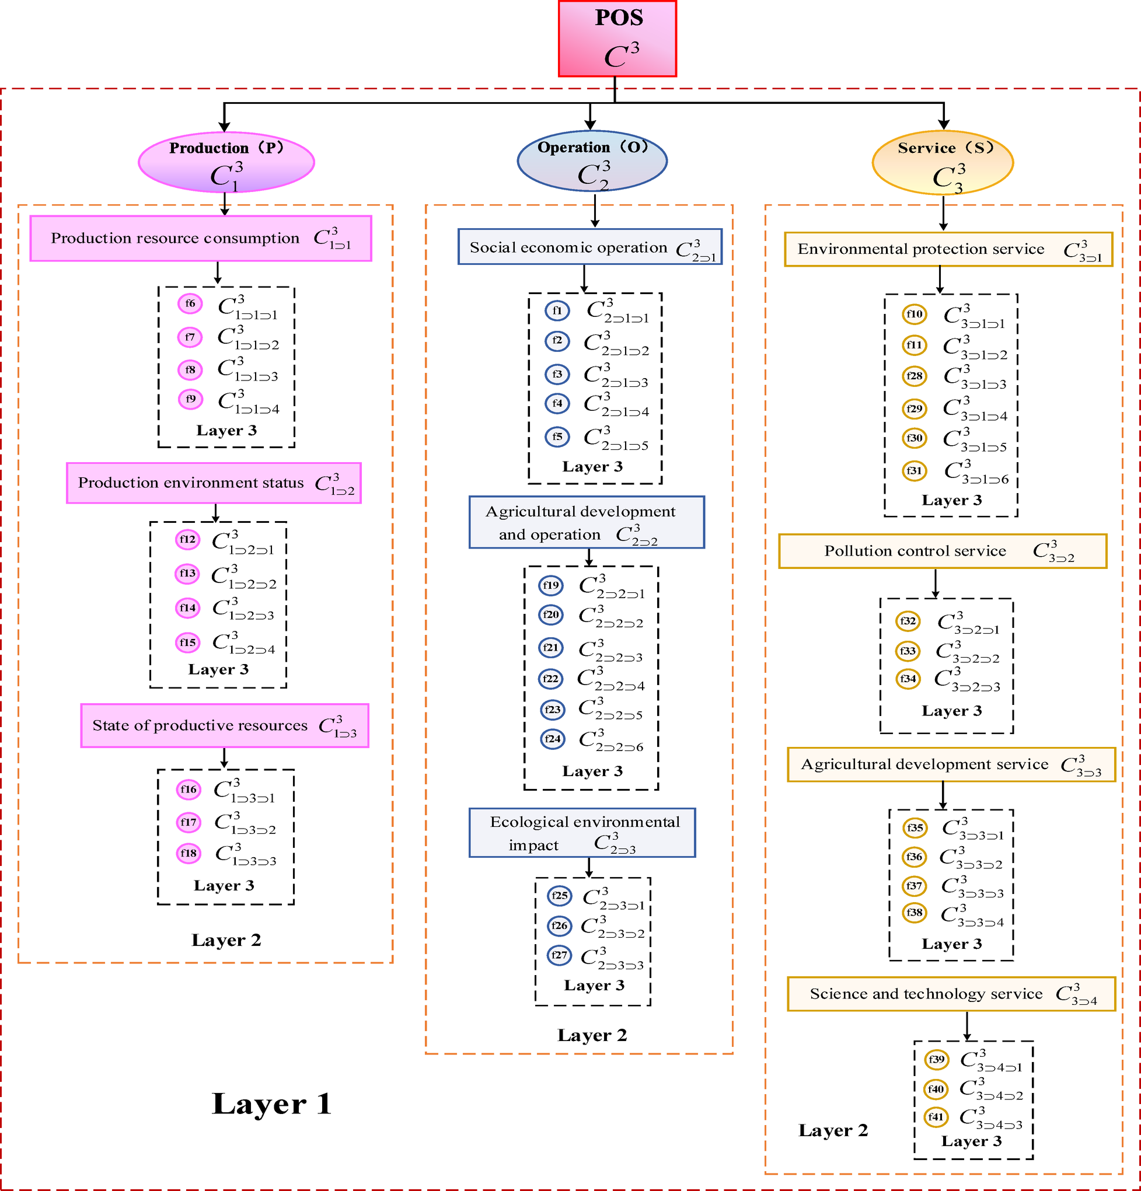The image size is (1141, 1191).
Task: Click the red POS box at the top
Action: [x=617, y=39]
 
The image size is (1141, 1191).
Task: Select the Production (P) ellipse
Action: [x=226, y=162]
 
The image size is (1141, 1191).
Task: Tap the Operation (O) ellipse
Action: [x=592, y=161]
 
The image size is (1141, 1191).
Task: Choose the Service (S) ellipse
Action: [x=943, y=163]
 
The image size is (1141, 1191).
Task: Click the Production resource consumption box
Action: [x=201, y=238]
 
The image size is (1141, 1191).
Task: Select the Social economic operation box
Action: [x=589, y=247]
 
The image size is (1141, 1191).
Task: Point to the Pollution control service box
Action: [x=942, y=551]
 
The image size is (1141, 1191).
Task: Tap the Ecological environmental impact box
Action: [x=582, y=833]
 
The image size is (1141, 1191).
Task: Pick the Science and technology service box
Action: [x=951, y=994]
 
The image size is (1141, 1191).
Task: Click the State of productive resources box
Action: [x=224, y=725]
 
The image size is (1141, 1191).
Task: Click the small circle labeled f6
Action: [x=190, y=303]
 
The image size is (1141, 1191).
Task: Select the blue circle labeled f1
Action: [x=557, y=310]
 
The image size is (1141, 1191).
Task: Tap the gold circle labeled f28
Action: [x=914, y=376]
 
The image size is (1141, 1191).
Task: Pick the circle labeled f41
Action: [x=936, y=1117]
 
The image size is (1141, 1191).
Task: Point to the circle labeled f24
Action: [x=553, y=739]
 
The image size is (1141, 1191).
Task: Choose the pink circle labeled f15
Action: [x=188, y=642]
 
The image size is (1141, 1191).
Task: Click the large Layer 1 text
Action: [x=272, y=1104]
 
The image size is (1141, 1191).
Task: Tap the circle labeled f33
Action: [x=908, y=651]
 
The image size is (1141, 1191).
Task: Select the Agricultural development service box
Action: [x=951, y=764]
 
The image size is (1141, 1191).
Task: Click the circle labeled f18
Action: [x=189, y=853]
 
